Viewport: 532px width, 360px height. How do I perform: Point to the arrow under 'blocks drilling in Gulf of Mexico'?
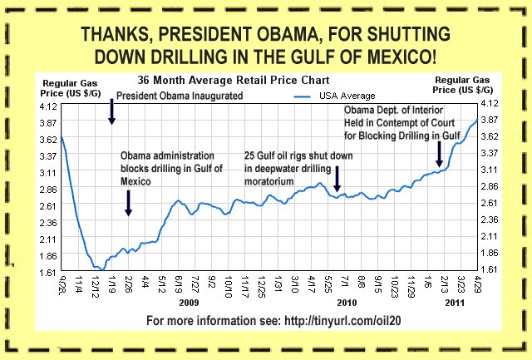click(x=129, y=203)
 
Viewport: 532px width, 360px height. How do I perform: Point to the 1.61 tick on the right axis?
click(x=487, y=269)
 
